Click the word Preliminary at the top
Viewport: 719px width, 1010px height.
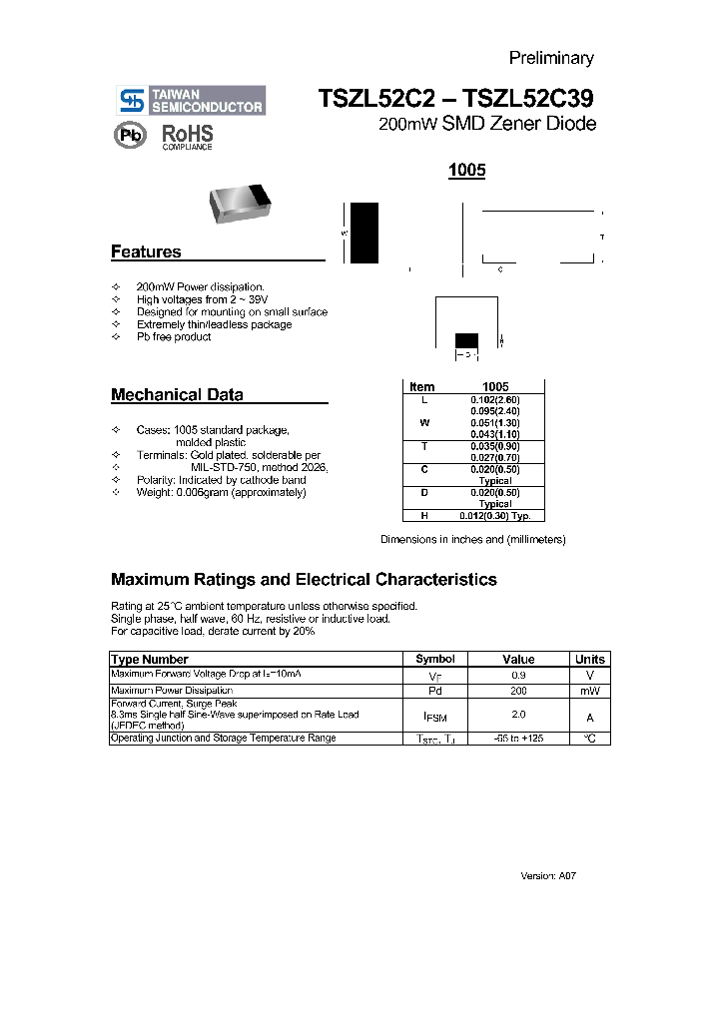551,58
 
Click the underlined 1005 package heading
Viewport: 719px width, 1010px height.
466,171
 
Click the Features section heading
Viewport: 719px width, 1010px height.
146,252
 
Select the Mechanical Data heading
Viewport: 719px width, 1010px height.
177,395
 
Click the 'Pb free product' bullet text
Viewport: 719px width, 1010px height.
174,337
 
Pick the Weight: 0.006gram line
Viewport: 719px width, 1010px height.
221,492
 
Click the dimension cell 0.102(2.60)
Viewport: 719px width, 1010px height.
495,399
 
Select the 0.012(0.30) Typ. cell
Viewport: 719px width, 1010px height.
495,516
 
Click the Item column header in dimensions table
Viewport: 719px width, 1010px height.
422,387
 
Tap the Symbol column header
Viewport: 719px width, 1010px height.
435,659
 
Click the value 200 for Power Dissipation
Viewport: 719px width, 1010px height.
519,691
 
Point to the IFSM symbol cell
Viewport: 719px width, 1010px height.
435,716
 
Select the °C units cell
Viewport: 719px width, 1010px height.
589,739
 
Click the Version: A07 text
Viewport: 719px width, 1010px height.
548,875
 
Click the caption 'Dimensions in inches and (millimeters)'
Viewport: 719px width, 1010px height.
473,540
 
